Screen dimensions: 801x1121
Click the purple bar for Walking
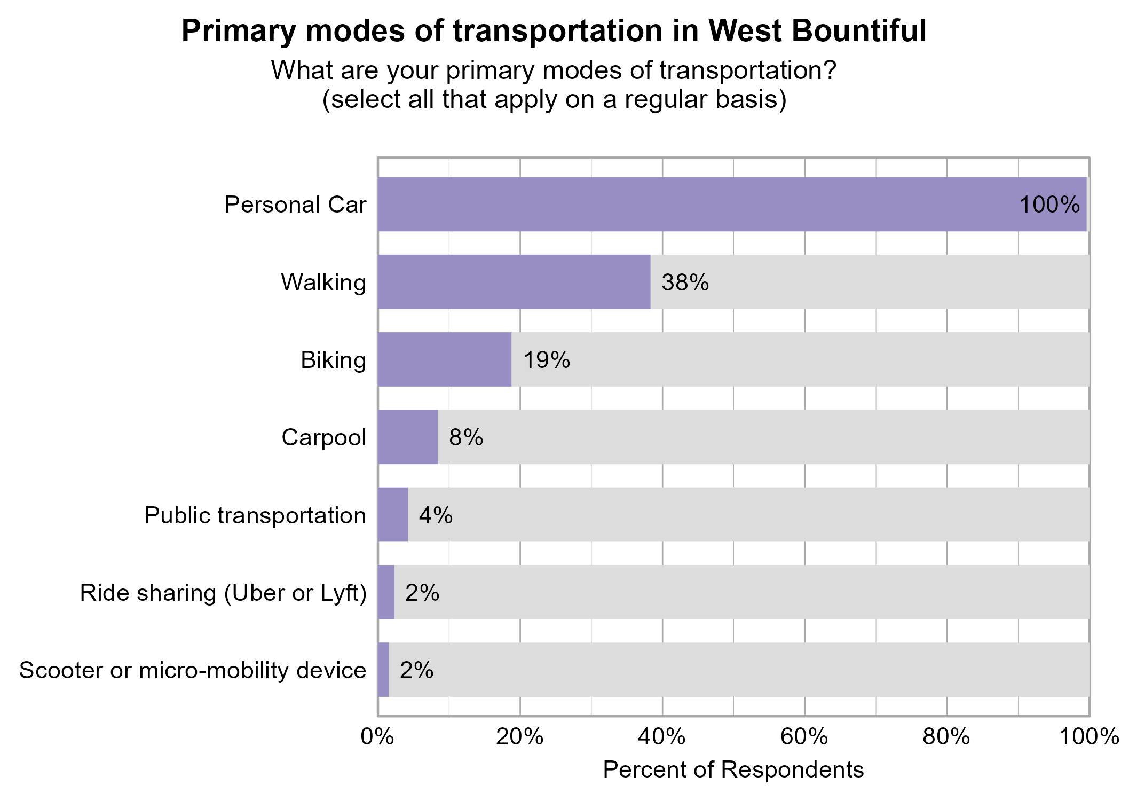pyautogui.click(x=514, y=281)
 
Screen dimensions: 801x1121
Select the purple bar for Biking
pyautogui.click(x=444, y=359)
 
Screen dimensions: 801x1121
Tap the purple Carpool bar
pyautogui.click(x=407, y=437)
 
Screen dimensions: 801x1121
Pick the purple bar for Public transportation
pyautogui.click(x=392, y=515)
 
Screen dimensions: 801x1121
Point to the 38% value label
pyautogui.click(x=685, y=282)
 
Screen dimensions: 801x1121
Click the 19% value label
pyautogui.click(x=546, y=360)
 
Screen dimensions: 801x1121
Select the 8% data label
pyautogui.click(x=465, y=438)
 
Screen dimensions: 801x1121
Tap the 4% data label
pyautogui.click(x=436, y=515)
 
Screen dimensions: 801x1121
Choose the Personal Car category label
pyautogui.click(x=295, y=205)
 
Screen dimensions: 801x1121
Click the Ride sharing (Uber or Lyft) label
pyautogui.click(x=223, y=593)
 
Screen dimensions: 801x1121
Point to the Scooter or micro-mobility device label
pyautogui.click(x=193, y=671)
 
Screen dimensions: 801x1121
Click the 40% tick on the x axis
pyautogui.click(x=662, y=737)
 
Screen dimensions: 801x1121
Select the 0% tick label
pyautogui.click(x=377, y=737)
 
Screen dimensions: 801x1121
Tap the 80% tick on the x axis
pyautogui.click(x=946, y=737)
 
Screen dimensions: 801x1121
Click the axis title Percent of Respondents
pyautogui.click(x=733, y=770)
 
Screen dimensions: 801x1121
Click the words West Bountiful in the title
pyautogui.click(x=817, y=31)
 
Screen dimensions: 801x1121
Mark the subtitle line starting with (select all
pyautogui.click(x=554, y=100)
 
